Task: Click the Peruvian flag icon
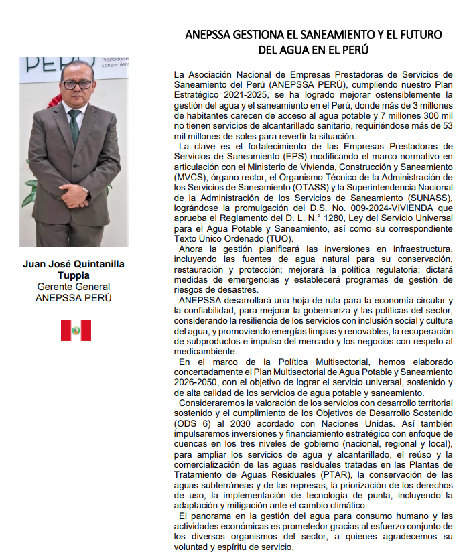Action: point(76,330)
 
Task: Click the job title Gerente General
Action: point(74,287)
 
